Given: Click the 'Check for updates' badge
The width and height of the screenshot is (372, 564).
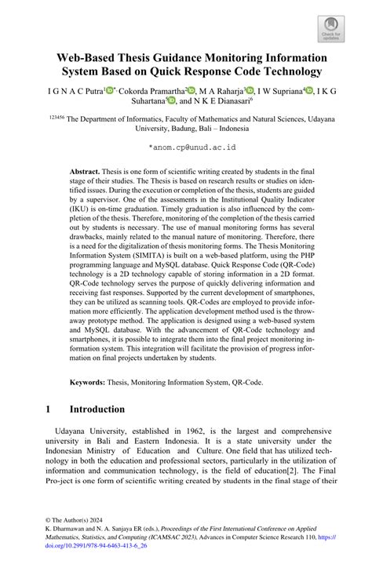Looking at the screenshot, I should [x=330, y=29].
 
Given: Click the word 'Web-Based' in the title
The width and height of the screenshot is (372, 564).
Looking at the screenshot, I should [x=87, y=58].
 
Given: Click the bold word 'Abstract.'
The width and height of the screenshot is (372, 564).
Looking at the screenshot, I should [x=85, y=170].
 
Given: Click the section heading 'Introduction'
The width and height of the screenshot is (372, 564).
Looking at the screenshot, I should [x=97, y=409].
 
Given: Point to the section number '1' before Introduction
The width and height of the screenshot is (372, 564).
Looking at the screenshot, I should [x=49, y=409].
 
